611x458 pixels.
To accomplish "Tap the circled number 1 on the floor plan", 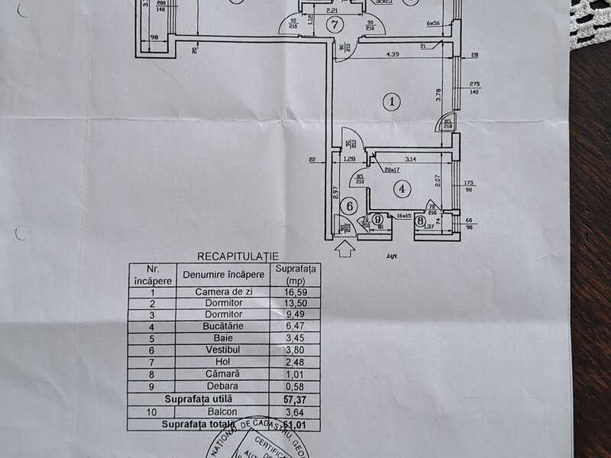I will point(392,101).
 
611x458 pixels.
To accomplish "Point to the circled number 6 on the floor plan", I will point(350,205).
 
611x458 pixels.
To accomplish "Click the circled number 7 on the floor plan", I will point(332,24).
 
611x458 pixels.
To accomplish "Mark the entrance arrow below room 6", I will point(344,247).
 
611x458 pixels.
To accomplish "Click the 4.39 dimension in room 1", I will point(393,54).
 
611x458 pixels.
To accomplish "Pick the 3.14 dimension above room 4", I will point(409,159).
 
